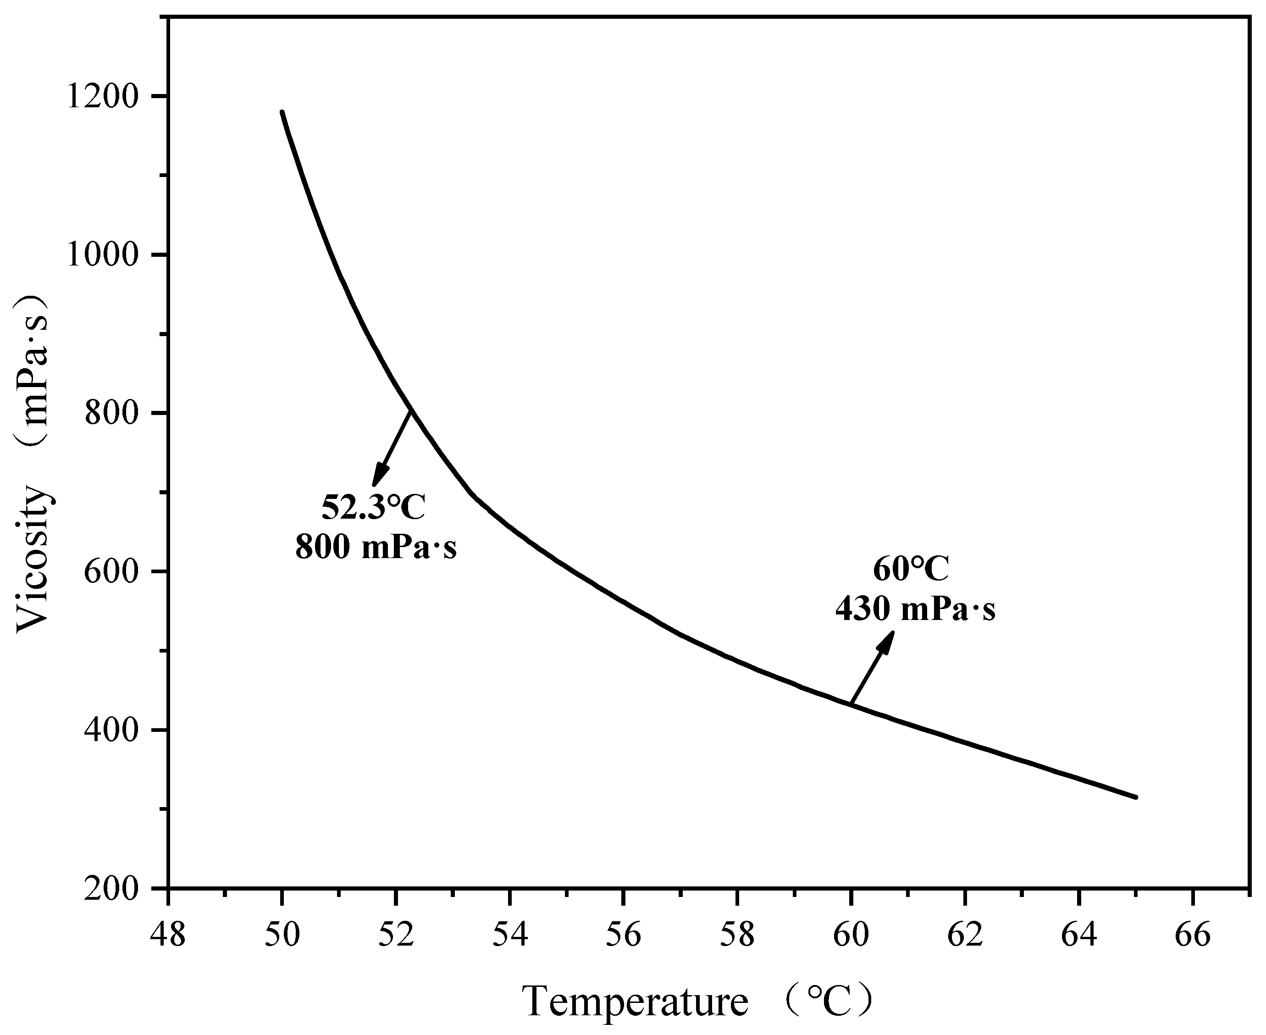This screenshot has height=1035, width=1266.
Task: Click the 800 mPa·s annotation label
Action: [376, 546]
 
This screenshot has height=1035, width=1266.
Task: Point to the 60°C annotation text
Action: [910, 570]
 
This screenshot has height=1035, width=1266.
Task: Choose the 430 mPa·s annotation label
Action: [915, 609]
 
